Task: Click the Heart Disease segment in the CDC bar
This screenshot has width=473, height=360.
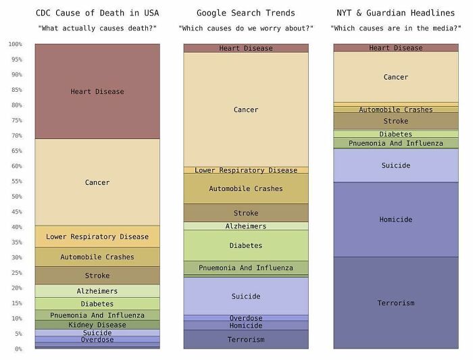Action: click(97, 91)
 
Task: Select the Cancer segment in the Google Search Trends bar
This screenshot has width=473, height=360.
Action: click(246, 109)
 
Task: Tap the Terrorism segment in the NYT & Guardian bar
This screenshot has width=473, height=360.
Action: click(396, 303)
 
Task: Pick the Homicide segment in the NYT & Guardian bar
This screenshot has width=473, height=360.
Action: click(396, 220)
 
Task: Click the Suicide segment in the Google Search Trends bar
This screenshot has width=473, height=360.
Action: click(246, 296)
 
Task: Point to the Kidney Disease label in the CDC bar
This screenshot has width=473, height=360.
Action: click(97, 325)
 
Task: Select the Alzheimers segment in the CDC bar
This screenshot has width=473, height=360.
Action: click(97, 291)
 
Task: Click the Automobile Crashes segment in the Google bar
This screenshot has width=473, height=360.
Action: click(246, 188)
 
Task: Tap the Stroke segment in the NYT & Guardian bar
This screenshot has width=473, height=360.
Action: click(396, 121)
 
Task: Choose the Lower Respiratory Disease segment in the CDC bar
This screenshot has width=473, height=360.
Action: click(97, 236)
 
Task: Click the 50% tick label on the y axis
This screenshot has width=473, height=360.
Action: click(15, 197)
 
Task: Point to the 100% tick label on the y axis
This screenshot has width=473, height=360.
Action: click(15, 44)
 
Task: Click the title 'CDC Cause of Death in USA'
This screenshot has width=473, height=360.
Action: click(97, 13)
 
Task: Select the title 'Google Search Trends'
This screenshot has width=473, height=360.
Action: click(246, 13)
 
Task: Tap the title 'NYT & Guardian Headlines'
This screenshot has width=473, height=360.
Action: click(396, 13)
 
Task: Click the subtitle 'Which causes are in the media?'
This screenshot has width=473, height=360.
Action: click(396, 28)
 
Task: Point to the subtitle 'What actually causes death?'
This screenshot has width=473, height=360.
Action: click(97, 28)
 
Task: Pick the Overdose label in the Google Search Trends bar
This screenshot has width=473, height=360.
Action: click(246, 318)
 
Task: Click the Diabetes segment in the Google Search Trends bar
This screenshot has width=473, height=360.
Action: click(246, 245)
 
